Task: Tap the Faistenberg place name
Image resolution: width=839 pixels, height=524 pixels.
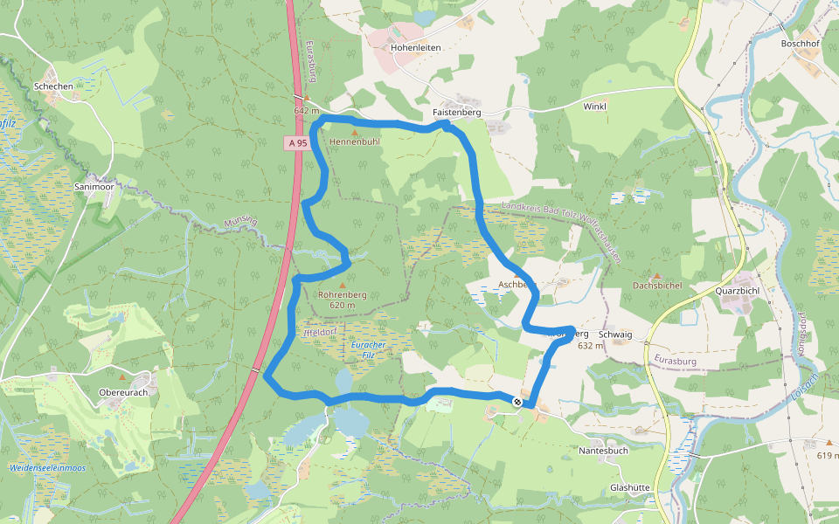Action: point(457,113)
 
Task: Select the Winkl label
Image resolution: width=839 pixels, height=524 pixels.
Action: point(594,106)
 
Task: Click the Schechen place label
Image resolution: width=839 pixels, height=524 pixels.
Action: point(53,86)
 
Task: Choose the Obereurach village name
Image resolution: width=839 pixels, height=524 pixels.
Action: point(123,392)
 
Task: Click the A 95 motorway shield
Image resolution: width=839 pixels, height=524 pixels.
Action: point(297,142)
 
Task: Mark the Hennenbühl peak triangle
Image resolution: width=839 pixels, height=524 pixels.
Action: point(354,132)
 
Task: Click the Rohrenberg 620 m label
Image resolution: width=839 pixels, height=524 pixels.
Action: point(342,300)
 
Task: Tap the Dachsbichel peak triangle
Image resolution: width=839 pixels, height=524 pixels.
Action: point(656,275)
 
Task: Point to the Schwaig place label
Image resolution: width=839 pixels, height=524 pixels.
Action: point(615,334)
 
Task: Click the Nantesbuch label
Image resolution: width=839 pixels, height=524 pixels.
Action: point(604,451)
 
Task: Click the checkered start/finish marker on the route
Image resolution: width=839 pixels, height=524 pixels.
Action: point(518,402)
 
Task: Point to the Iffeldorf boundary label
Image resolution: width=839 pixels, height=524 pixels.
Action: point(320,333)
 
